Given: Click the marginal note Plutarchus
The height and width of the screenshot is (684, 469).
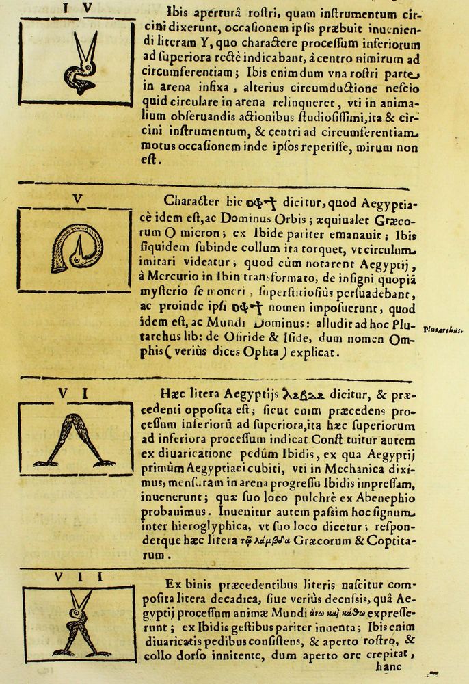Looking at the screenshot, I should [443, 329].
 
